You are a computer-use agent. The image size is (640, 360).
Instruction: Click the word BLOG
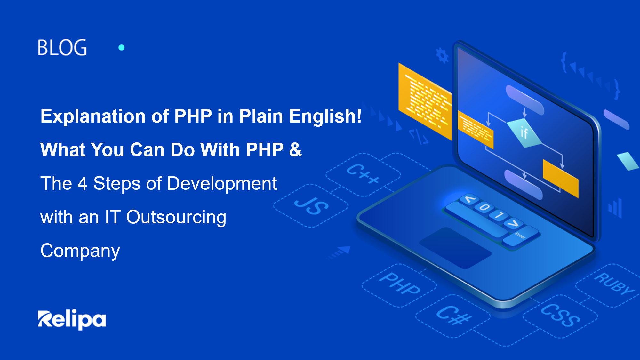pos(62,47)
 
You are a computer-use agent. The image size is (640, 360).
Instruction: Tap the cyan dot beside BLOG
pos(122,47)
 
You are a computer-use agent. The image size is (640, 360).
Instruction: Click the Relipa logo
pos(72,319)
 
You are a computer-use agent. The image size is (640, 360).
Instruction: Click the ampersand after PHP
pos(295,149)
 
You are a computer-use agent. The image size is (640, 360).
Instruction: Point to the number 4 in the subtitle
pos(82,183)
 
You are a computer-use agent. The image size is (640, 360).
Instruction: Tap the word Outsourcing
pos(176,218)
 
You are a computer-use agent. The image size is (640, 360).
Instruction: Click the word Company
pos(80,251)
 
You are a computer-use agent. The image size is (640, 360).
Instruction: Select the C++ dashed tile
pos(363,174)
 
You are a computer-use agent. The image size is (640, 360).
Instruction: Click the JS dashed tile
pos(311,206)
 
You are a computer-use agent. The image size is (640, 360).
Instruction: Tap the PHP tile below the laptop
pos(399,285)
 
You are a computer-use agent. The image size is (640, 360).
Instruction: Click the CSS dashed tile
pos(560,316)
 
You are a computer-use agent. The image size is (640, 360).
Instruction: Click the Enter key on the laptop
pos(521,236)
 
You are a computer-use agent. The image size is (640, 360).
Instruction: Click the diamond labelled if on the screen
pos(524,133)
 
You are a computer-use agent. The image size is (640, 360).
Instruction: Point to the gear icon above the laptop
pos(443,55)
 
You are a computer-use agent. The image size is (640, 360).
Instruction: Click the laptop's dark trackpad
pos(455,248)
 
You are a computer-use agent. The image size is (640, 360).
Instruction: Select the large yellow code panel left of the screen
pos(425,102)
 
